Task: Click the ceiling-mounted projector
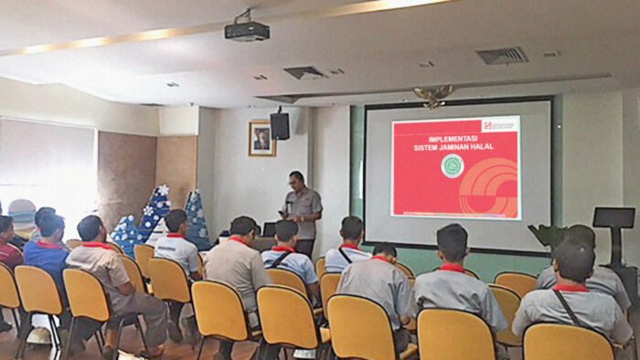point(247,30)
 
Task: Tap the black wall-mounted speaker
point(280,125)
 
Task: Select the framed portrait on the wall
point(261,139)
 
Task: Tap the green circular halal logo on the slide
point(452,165)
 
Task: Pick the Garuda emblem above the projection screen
point(432,94)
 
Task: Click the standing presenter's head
point(296,179)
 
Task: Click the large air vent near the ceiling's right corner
point(502,55)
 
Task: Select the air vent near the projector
point(304,72)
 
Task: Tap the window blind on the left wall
point(46,164)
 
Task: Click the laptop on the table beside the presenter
point(269,229)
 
